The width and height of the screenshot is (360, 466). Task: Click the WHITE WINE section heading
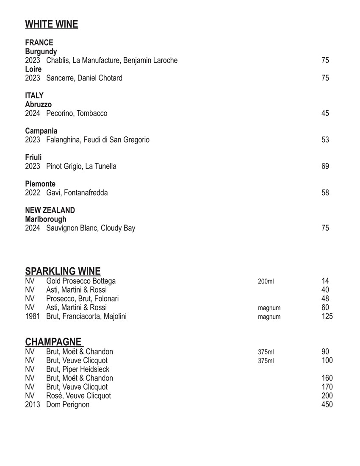pyautogui.click(x=52, y=25)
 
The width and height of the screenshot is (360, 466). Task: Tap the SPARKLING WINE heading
pyautogui.click(x=63, y=271)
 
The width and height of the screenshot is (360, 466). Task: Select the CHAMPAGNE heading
pyautogui.click(x=53, y=342)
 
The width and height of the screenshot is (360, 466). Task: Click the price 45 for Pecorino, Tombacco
pyautogui.click(x=325, y=114)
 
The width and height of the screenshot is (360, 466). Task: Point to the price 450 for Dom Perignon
pyautogui.click(x=327, y=405)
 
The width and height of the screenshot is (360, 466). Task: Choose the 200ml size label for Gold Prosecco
pyautogui.click(x=266, y=281)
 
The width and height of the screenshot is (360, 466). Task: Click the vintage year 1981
pyautogui.click(x=32, y=316)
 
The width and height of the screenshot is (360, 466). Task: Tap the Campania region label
pyautogui.click(x=41, y=131)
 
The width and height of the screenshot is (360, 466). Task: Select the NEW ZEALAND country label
pyautogui.click(x=50, y=211)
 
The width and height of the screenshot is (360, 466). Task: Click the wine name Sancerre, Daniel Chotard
pyautogui.click(x=84, y=78)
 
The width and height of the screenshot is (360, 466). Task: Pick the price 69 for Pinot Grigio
pyautogui.click(x=325, y=166)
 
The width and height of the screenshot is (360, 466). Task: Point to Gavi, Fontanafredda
pyautogui.click(x=77, y=193)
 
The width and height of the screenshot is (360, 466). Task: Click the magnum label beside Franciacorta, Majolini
pyautogui.click(x=269, y=317)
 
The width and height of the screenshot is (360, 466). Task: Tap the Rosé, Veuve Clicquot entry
pyautogui.click(x=78, y=396)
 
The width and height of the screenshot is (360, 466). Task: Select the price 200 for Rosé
pyautogui.click(x=327, y=396)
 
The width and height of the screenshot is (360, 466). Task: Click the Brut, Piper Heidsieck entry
pyautogui.click(x=78, y=369)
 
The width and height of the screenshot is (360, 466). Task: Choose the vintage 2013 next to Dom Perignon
pyautogui.click(x=32, y=405)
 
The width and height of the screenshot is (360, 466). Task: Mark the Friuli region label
pyautogui.click(x=33, y=158)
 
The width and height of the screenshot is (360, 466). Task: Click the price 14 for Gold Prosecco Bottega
pyautogui.click(x=325, y=281)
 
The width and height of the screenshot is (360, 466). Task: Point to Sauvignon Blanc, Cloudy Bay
pyautogui.click(x=91, y=228)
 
